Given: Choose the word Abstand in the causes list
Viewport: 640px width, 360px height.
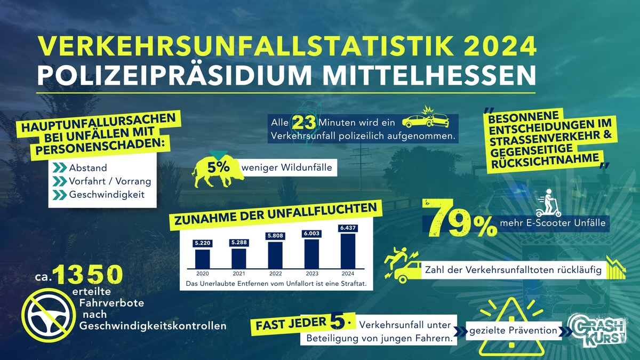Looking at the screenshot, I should pos(87,167).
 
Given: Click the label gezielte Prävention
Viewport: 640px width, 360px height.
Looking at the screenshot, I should pos(513,331).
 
